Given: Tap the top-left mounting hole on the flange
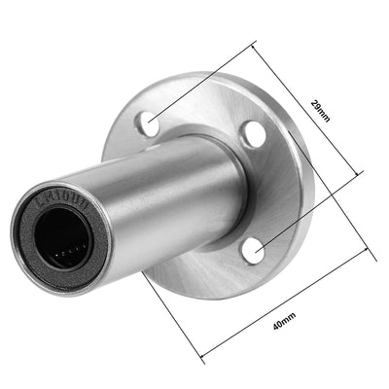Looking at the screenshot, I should click(x=148, y=123).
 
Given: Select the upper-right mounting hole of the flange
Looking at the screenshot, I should click(x=252, y=134).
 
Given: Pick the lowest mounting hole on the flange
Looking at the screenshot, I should click(x=252, y=252).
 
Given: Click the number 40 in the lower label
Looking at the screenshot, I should click(x=279, y=318).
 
